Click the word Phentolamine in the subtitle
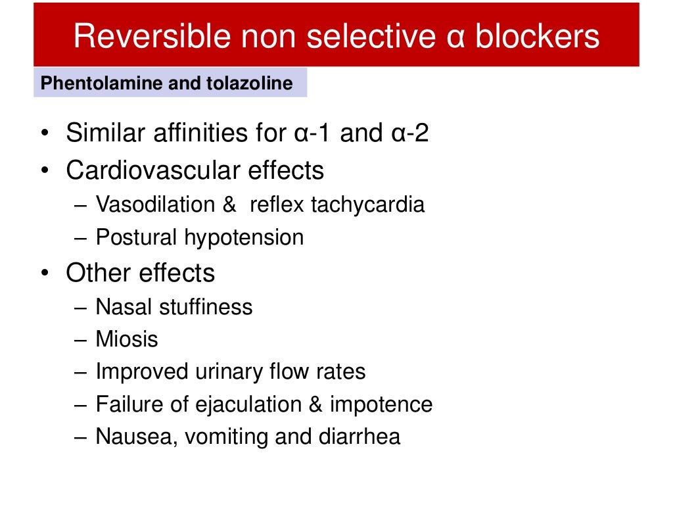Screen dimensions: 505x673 click(87, 84)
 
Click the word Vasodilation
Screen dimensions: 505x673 click(156, 204)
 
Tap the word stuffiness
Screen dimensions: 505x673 click(204, 307)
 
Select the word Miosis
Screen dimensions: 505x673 click(127, 339)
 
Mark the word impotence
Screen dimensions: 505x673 click(381, 404)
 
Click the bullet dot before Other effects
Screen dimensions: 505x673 click(44, 274)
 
